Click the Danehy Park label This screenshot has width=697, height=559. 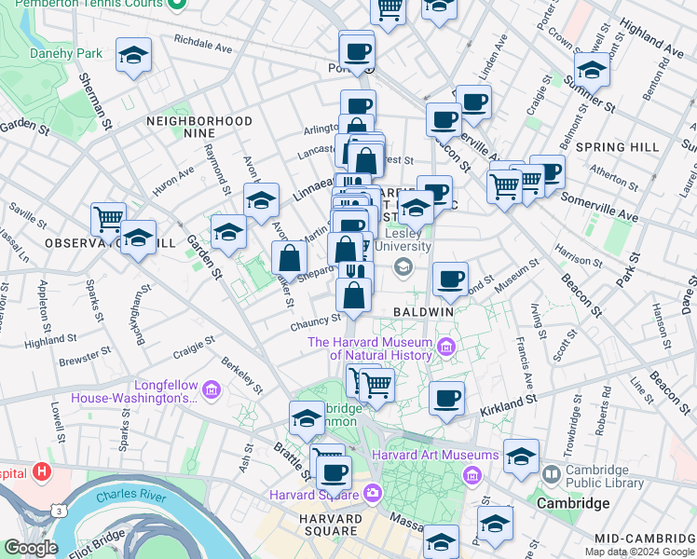(64, 54)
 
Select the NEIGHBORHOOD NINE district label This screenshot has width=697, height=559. (198, 128)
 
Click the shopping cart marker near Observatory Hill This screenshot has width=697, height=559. (108, 220)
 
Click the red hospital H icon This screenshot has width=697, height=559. (41, 471)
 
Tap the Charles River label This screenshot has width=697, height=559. (129, 498)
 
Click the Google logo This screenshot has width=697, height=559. (30, 548)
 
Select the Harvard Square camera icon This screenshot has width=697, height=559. (373, 493)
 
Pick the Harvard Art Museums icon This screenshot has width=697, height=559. (472, 476)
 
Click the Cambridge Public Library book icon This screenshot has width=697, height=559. (552, 475)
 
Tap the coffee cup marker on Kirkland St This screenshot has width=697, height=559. (446, 399)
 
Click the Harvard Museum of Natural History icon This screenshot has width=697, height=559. (445, 348)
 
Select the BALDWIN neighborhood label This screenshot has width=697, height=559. (423, 311)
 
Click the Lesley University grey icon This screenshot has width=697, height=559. (403, 268)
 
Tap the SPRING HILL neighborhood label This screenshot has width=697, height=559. (617, 147)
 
